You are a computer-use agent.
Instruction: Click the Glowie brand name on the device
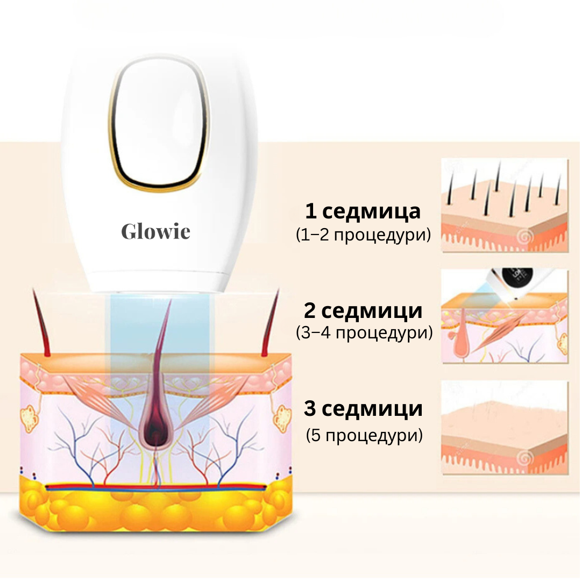point(155,231)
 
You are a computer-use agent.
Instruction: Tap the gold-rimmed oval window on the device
point(159,125)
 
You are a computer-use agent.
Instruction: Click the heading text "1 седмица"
point(363,211)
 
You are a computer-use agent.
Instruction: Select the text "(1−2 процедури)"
point(363,235)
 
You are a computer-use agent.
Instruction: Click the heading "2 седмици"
point(363,310)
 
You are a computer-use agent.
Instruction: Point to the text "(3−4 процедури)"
point(364,333)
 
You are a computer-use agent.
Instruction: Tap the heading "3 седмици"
point(363,408)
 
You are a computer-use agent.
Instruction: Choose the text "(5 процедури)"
point(364,435)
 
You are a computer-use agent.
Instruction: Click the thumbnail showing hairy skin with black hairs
point(505,206)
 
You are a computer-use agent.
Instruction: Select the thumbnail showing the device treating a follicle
point(505,316)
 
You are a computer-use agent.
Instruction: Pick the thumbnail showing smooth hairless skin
point(505,427)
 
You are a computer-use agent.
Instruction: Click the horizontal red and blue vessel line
point(155,487)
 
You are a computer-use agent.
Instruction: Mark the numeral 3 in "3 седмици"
point(310,408)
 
